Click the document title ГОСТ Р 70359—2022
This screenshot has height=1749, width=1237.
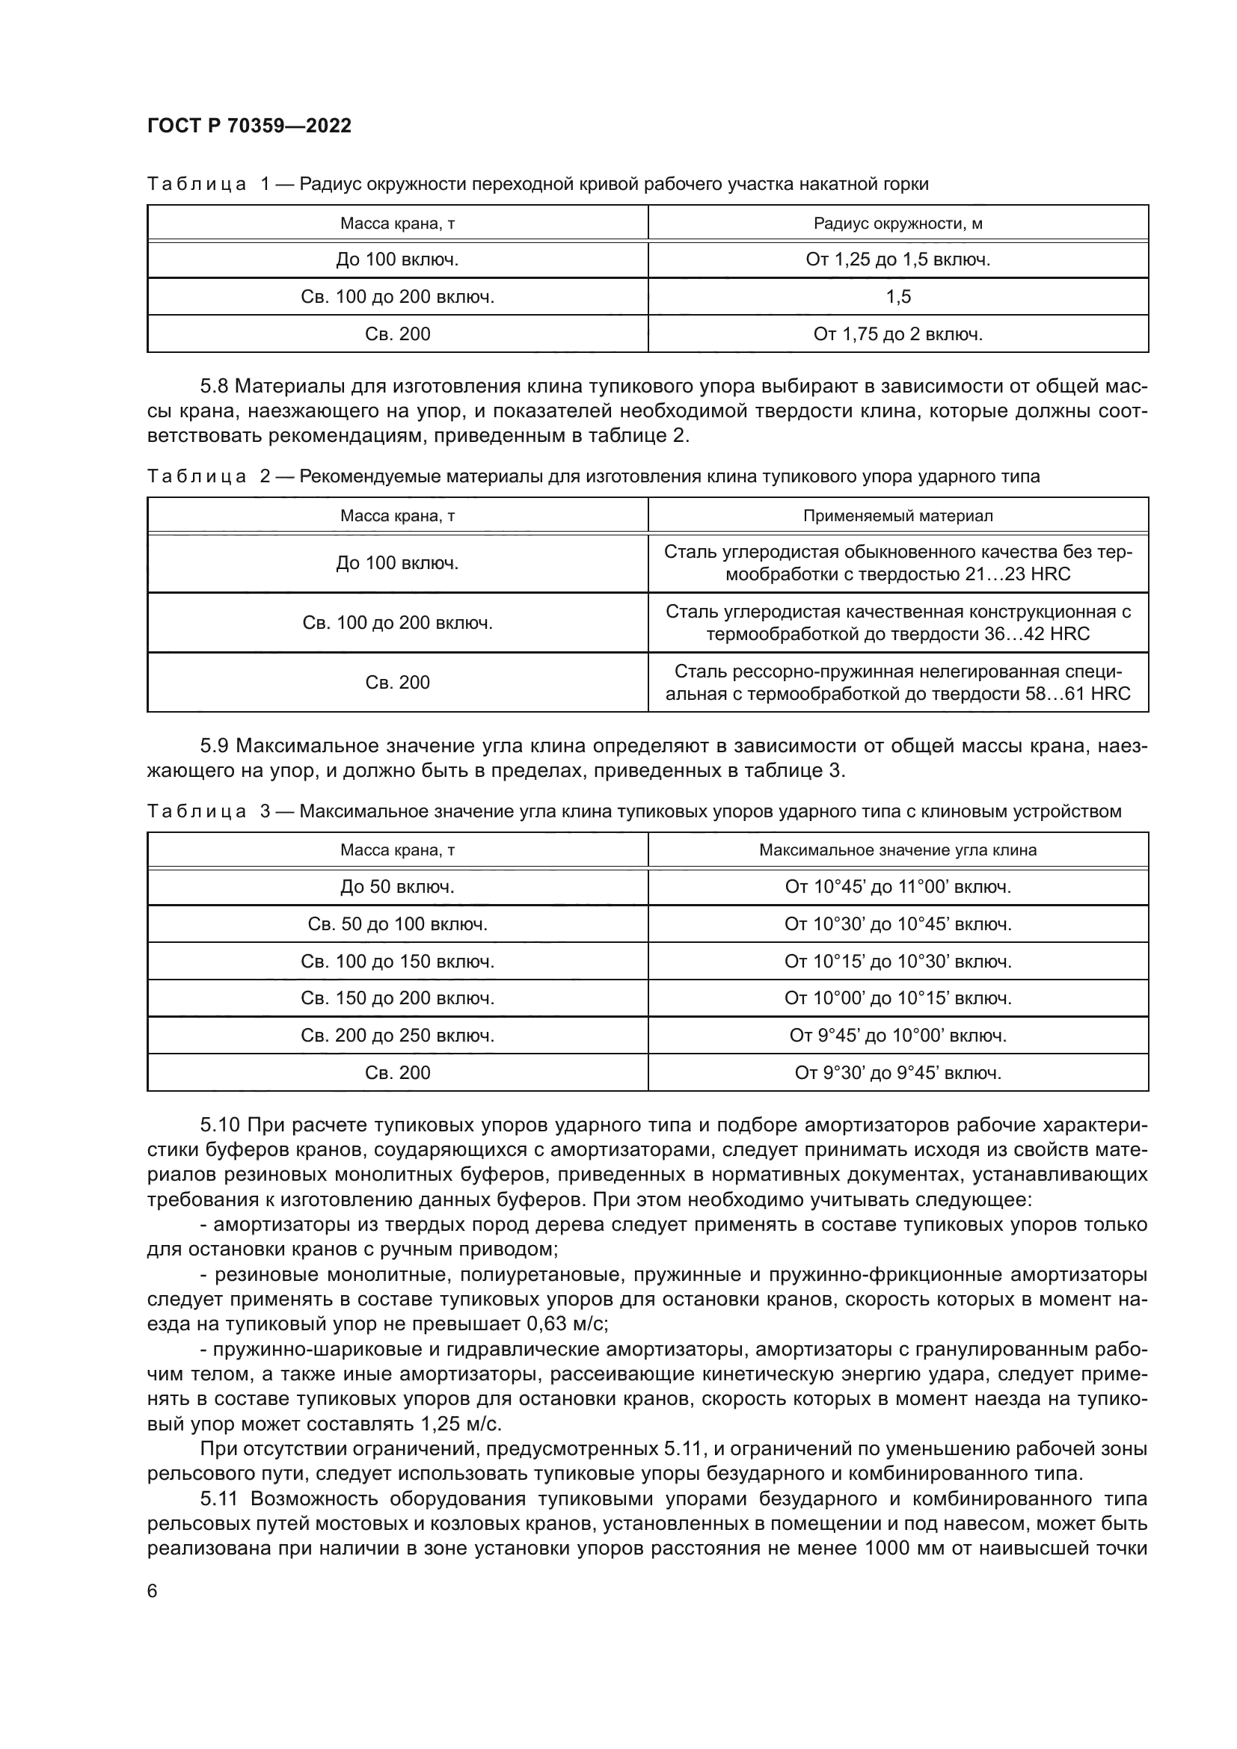(x=249, y=126)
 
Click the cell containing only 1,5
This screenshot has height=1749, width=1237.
(x=897, y=297)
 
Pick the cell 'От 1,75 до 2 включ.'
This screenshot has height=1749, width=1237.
(x=897, y=334)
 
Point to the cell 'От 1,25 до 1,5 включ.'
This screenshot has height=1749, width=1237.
(x=897, y=259)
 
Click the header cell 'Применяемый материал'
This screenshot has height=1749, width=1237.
(x=897, y=516)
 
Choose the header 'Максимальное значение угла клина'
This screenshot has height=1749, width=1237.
(x=897, y=850)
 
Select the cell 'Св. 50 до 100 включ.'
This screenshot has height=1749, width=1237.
(x=397, y=925)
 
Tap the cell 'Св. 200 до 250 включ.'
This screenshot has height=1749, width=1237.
(x=397, y=1036)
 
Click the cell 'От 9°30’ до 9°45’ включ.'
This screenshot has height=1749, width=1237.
(x=897, y=1073)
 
